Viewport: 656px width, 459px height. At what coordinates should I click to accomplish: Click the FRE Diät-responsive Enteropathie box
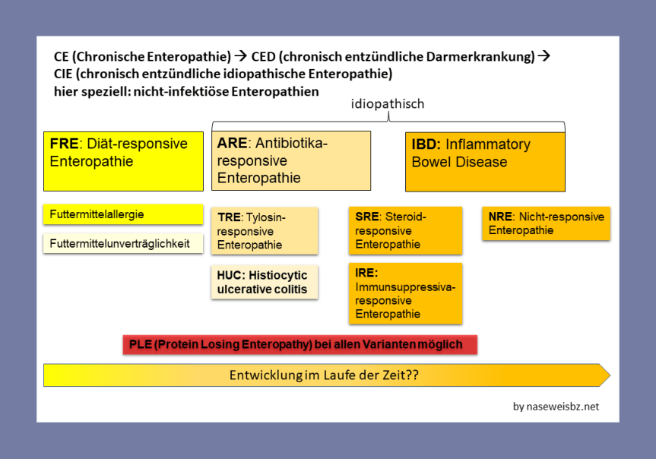pyautogui.click(x=123, y=161)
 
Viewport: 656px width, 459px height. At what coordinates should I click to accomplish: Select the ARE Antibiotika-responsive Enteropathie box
pyautogui.click(x=291, y=160)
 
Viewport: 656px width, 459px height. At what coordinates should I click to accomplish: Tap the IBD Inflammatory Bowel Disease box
pyautogui.click(x=485, y=161)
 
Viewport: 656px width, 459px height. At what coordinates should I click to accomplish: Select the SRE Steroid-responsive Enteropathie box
pyautogui.click(x=406, y=230)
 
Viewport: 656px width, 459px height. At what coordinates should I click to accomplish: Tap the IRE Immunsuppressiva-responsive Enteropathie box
pyautogui.click(x=406, y=293)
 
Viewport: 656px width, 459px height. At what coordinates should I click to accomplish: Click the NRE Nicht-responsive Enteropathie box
pyautogui.click(x=546, y=223)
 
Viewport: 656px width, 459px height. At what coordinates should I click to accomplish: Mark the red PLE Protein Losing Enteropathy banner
pyautogui.click(x=299, y=344)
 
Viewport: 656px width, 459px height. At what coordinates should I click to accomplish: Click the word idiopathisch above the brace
pyautogui.click(x=388, y=103)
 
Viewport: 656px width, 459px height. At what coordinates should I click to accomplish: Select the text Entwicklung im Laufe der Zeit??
pyautogui.click(x=325, y=375)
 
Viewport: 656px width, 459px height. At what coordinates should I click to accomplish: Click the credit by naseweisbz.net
pyautogui.click(x=556, y=407)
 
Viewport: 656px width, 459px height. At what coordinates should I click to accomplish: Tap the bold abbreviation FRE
pyautogui.click(x=65, y=144)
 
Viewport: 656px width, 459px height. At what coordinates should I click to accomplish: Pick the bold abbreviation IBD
pyautogui.click(x=426, y=144)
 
